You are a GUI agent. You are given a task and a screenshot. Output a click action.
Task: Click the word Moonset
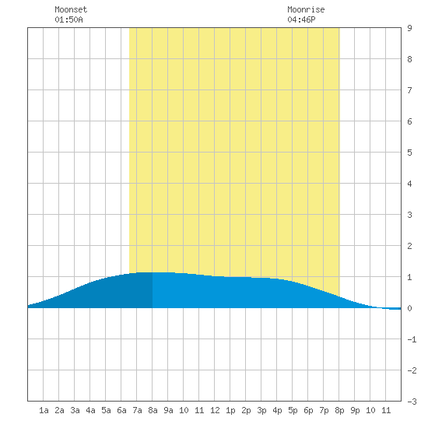point(71,9)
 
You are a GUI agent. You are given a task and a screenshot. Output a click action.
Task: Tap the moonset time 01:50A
point(68,19)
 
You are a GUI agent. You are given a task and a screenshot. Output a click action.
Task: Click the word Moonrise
point(306,9)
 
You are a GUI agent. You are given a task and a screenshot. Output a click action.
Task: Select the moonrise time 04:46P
point(301,19)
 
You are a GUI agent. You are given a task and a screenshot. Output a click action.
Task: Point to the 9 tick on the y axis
point(409,28)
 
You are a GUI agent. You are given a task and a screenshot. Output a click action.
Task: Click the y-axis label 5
point(409,153)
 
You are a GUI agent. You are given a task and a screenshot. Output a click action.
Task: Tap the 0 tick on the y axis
point(409,308)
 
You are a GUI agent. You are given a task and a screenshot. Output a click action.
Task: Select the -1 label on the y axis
point(412,339)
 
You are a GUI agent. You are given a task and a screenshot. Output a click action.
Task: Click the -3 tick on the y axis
point(412,402)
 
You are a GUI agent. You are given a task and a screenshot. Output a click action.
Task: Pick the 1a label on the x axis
point(44,410)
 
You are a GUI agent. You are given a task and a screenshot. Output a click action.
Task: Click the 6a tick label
point(121,410)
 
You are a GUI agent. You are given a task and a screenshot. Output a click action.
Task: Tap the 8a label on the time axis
point(153,410)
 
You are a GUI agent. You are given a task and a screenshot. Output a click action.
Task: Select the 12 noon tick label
point(215,410)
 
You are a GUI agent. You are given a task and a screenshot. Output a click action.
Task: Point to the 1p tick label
point(230,410)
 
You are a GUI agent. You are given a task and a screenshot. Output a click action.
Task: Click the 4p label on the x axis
point(277,410)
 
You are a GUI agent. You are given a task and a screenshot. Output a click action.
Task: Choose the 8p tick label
point(339,410)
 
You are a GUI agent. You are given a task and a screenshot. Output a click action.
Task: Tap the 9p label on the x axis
point(355,410)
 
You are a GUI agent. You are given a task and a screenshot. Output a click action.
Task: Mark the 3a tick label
point(75,410)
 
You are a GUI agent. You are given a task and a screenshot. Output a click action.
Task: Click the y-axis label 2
point(409,246)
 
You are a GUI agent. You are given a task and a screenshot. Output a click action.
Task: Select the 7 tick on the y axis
point(409,90)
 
